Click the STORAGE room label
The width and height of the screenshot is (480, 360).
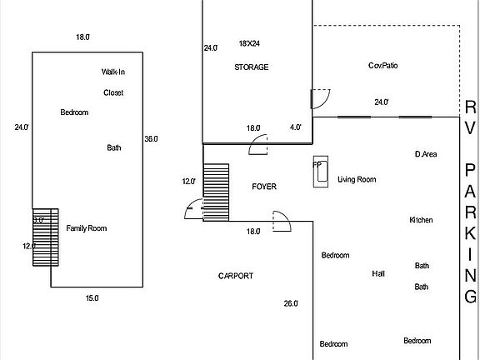(251, 67)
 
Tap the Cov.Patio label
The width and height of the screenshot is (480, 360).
(381, 65)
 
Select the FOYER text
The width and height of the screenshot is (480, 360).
(264, 187)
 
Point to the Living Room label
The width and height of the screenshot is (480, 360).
(356, 179)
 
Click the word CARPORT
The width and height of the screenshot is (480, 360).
(236, 276)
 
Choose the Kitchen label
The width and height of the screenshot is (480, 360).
(421, 220)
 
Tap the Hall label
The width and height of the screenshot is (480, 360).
(378, 273)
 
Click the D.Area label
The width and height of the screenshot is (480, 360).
(426, 154)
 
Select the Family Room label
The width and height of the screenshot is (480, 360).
(87, 228)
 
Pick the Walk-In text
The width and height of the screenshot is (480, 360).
(113, 72)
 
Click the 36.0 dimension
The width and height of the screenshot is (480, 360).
(151, 138)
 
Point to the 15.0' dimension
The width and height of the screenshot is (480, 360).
(92, 297)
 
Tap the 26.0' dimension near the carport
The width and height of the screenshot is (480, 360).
(291, 304)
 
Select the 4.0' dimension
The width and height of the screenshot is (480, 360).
(296, 127)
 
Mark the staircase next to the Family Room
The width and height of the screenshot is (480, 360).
(43, 237)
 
